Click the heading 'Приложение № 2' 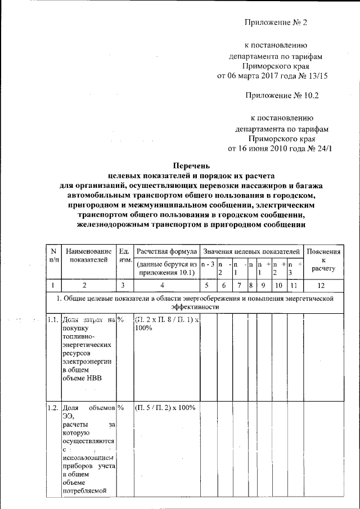coord(277,22)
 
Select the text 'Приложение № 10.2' coord(282,95)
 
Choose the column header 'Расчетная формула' coord(166,250)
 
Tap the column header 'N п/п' coord(53,254)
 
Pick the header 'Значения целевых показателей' coord(251,250)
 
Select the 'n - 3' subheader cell coord(208,264)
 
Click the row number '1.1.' coord(52,320)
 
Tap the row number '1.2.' coord(52,408)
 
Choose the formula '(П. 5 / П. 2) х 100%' coord(165,408)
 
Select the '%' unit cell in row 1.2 coord(120,408)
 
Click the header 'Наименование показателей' coord(87,254)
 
